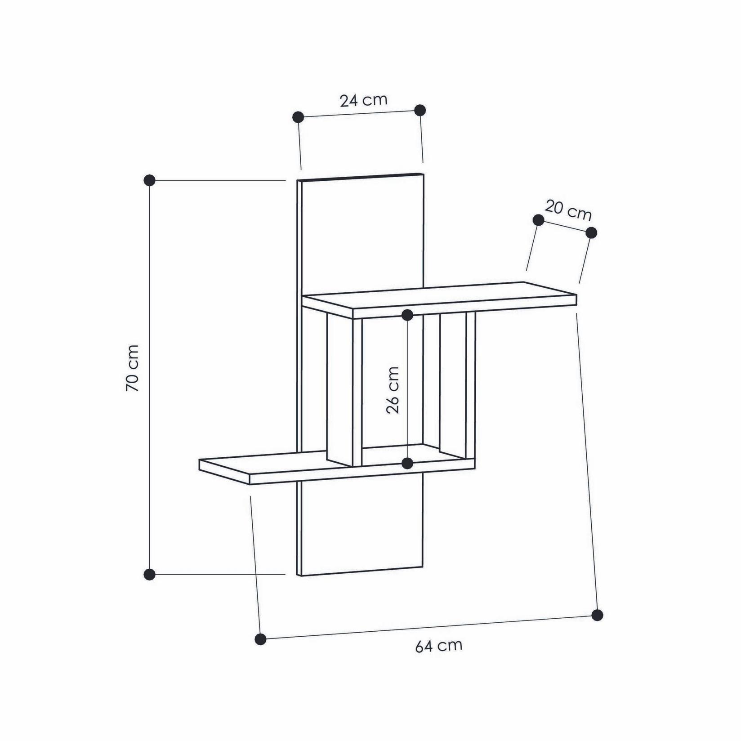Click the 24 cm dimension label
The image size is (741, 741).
tap(363, 100)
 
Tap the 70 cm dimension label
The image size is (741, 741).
tap(132, 367)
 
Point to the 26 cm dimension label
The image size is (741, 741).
tap(393, 389)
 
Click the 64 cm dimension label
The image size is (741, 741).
tap(438, 646)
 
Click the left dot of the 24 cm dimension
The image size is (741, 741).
tap(298, 117)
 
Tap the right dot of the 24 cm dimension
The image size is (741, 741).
tap(420, 110)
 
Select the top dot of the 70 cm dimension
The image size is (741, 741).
tap(149, 180)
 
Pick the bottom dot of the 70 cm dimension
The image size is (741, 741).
tap(149, 574)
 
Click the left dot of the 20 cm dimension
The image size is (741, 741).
tap(538, 220)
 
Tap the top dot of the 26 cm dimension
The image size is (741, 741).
tap(407, 315)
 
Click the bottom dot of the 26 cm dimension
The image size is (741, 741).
tap(407, 463)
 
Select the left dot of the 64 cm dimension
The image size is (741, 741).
tap(260, 639)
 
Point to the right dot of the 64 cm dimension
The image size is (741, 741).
tap(597, 615)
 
